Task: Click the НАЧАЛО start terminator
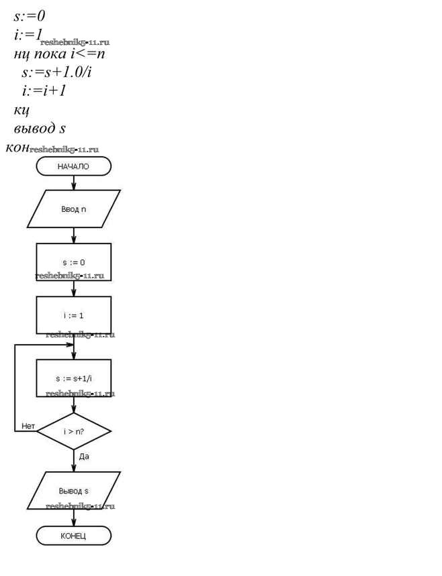pos(73,166)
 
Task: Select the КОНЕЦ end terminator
pos(73,536)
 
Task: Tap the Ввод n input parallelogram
pos(73,209)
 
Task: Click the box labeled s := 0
pos(73,262)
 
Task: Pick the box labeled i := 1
pos(73,314)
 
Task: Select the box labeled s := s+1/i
pos(73,378)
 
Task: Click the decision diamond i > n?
pos(73,430)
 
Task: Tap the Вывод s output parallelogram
pos(73,491)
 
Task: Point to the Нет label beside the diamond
pos(28,425)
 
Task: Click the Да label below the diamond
pos(85,456)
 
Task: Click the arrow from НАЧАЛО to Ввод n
pos(73,182)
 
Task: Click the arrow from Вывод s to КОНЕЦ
pos(73,518)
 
